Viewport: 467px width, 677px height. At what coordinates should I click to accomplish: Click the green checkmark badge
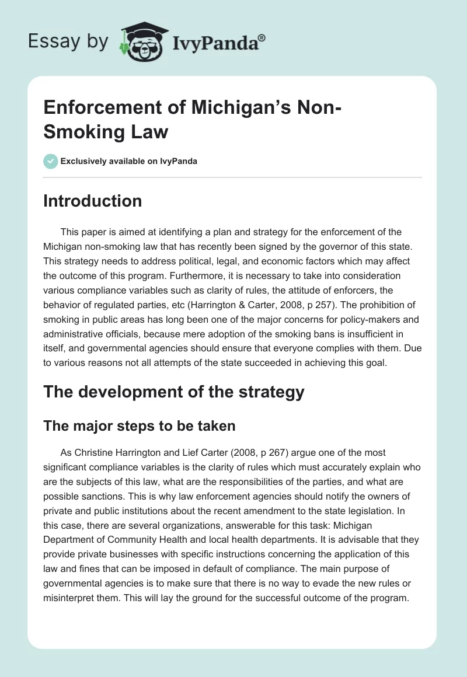tap(50, 162)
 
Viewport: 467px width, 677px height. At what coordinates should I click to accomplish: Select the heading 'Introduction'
tap(92, 201)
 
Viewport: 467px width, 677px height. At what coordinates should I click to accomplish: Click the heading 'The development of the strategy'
tap(174, 392)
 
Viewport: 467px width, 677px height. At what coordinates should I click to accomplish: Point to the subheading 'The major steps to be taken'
tap(140, 426)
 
